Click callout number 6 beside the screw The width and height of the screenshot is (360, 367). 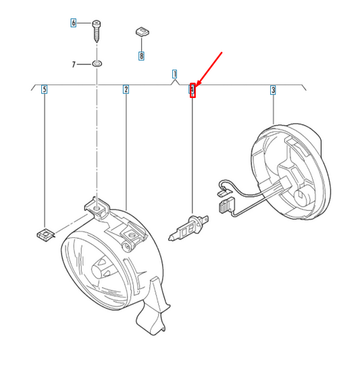coord(74,23)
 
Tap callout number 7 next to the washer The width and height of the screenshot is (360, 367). coord(74,64)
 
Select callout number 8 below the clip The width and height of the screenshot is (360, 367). coord(141,56)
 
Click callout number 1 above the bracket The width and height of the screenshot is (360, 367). coord(174,74)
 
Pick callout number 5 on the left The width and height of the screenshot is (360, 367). coord(44,89)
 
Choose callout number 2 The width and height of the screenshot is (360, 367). coord(126,89)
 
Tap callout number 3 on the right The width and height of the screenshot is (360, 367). coord(274,90)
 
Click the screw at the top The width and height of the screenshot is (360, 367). coord(96,31)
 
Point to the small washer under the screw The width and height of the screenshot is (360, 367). coord(97,64)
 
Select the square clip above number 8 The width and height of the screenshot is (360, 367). coord(143,32)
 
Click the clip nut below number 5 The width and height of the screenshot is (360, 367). coord(46,235)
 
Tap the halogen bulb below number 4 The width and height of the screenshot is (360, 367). coord(188,228)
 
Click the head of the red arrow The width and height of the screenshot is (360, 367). coord(198,84)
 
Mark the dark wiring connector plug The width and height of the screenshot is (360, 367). coord(227,205)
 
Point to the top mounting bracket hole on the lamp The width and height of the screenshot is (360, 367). coord(96,209)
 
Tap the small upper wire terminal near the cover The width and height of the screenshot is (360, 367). coord(224,193)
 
